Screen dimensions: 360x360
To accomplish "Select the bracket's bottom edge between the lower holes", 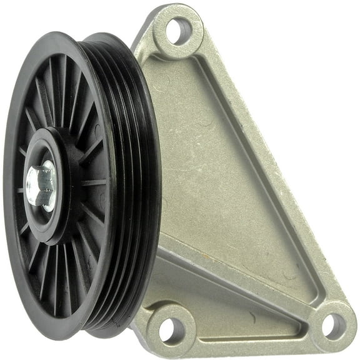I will click(x=250, y=347).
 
